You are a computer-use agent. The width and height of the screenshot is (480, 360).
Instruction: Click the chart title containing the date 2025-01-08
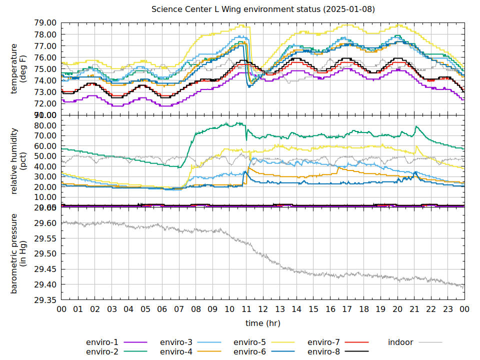pyautogui.click(x=263, y=9)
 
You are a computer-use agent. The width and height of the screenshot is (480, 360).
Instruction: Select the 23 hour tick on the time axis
pyautogui.click(x=448, y=309)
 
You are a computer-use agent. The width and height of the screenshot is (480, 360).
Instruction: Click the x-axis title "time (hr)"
pyautogui.click(x=263, y=323)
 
